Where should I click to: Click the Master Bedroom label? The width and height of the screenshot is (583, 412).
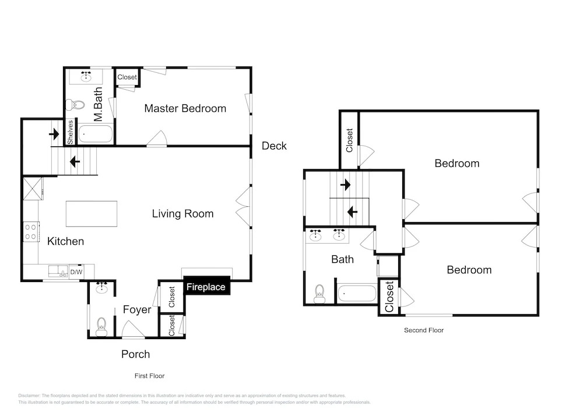coord(185,108)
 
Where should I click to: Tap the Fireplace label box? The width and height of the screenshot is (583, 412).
coord(207,286)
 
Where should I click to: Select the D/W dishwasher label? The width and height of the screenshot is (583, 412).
coord(76,272)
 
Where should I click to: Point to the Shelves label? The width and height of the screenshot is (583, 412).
coord(71,132)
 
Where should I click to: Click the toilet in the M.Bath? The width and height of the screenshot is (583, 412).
coord(75,105)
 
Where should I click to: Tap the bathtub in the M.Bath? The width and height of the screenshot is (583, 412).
coord(96,134)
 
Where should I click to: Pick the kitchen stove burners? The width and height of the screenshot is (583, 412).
coord(31,231)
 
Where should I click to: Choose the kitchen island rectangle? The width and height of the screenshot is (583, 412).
coord(92,214)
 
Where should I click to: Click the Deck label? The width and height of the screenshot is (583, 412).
coord(274,146)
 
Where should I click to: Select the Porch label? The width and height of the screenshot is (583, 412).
coord(135,354)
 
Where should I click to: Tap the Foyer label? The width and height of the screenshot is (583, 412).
coord(137,309)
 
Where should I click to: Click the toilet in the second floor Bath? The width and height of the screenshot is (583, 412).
coord(319,294)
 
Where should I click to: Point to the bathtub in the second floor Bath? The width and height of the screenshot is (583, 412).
coord(357,293)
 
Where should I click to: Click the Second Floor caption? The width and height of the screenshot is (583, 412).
coord(424,330)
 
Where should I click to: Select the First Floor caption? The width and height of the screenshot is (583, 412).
coord(149,376)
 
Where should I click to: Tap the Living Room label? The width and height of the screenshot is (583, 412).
coord(182,214)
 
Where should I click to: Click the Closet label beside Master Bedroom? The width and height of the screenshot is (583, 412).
coord(127,77)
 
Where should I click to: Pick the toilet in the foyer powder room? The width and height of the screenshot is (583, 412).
coord(101,326)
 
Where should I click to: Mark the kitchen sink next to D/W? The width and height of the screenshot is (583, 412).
coord(58,271)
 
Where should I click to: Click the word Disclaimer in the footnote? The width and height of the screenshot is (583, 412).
coord(29,396)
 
